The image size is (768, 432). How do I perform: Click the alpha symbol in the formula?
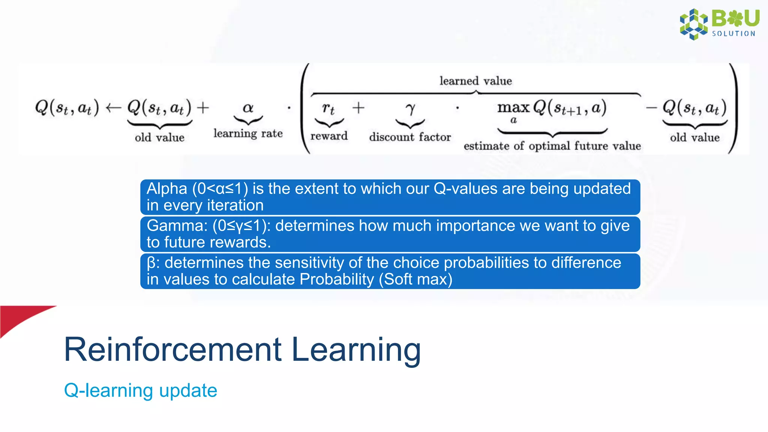(x=248, y=108)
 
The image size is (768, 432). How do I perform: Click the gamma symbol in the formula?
(x=410, y=109)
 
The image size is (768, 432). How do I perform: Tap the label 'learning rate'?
(x=248, y=133)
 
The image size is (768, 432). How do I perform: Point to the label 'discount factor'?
(x=410, y=137)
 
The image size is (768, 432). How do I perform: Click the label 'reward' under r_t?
(x=329, y=136)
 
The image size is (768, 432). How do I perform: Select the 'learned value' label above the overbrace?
(x=475, y=81)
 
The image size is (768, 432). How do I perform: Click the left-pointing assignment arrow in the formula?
(x=113, y=108)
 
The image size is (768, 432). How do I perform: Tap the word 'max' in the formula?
(x=513, y=108)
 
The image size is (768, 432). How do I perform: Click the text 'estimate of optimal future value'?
(x=552, y=146)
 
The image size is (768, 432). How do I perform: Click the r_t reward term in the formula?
(x=328, y=109)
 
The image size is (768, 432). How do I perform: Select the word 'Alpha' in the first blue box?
(x=166, y=189)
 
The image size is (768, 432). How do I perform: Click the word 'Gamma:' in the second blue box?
(x=177, y=226)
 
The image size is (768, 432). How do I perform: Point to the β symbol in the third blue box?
(x=151, y=263)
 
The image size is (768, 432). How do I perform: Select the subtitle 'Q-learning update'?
(x=141, y=390)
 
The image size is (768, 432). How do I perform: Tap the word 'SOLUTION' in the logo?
(x=733, y=34)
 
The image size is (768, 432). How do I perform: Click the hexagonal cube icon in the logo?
(x=693, y=24)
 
